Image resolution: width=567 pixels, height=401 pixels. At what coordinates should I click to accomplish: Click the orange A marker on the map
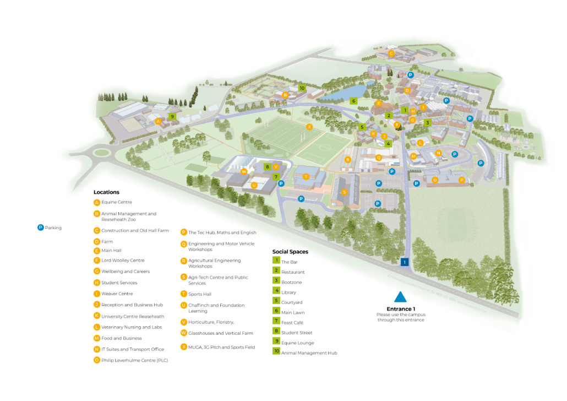[x=158, y=121]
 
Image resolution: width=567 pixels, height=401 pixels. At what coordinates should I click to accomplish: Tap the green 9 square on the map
[x=172, y=117]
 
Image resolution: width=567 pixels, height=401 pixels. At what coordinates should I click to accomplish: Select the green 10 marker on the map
[x=302, y=88]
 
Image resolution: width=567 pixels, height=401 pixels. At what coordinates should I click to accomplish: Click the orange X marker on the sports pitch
[x=309, y=127]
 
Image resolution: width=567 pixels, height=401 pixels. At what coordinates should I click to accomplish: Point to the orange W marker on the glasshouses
[x=244, y=171]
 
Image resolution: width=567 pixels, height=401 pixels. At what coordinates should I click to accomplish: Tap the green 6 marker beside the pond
[x=353, y=101]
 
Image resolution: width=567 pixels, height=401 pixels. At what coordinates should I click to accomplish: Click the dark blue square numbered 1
[x=405, y=262]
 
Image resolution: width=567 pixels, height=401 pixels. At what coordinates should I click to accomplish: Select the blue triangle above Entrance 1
[x=400, y=297]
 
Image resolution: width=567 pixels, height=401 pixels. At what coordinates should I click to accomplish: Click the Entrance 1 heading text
[x=400, y=309]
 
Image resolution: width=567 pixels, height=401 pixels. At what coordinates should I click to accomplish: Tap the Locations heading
[x=106, y=192]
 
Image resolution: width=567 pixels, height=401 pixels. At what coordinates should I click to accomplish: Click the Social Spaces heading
[x=290, y=252]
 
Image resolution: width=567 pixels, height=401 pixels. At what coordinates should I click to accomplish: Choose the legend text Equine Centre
[x=117, y=202]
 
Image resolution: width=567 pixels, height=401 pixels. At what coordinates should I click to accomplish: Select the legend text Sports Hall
[x=200, y=294]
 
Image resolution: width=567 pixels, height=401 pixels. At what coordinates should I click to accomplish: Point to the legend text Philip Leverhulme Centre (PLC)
[x=134, y=360]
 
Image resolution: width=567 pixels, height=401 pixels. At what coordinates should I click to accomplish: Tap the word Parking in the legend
[x=53, y=227]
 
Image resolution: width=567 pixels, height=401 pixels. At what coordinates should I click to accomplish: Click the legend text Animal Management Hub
[x=309, y=353]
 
